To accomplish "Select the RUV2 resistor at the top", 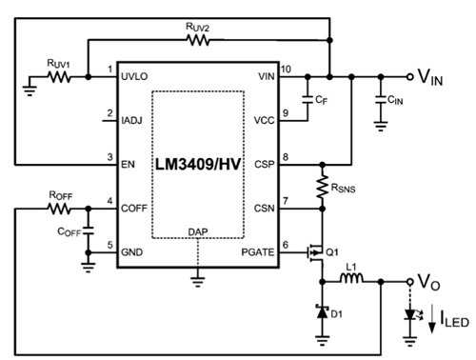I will (199, 41).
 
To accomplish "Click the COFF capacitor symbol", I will (87, 230).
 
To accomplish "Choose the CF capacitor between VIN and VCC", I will (307, 98).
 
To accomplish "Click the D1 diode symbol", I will (324, 312).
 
